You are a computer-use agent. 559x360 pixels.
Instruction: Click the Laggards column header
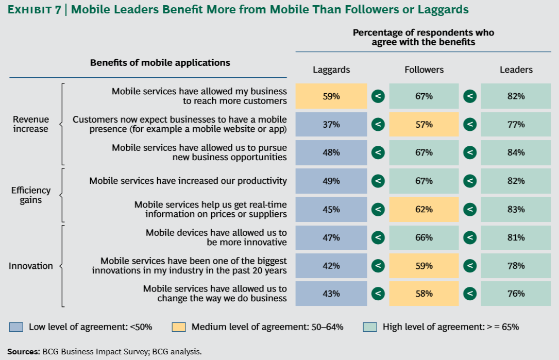pos(331,70)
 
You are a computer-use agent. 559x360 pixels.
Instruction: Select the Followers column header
pos(424,70)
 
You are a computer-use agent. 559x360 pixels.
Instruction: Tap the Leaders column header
pos(516,70)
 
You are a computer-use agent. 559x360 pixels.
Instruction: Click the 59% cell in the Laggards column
pos(331,96)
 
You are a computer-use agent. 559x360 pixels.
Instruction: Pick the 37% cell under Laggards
pos(331,125)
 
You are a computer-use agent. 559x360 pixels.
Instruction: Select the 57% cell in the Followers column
pos(424,125)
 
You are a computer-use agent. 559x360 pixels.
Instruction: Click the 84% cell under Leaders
pos(516,152)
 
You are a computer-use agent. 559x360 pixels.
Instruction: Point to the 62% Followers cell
pos(424,210)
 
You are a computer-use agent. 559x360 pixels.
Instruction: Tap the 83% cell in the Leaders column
pos(516,210)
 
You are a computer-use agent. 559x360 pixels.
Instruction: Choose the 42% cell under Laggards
pos(331,266)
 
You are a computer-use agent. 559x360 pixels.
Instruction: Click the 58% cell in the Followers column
pos(424,294)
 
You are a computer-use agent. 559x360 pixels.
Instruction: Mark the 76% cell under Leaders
pos(516,294)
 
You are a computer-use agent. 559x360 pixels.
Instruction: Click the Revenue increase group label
pos(31,124)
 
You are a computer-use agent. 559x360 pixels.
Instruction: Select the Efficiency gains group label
pos(31,195)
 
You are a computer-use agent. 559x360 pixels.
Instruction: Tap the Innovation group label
pos(31,266)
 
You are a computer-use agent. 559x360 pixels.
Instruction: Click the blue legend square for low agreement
pos(16,327)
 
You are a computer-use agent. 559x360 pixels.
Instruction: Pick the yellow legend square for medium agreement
pos(179,327)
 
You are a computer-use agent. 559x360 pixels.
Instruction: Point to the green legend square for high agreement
pos(370,327)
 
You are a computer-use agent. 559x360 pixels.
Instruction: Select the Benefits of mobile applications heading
pos(160,63)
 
